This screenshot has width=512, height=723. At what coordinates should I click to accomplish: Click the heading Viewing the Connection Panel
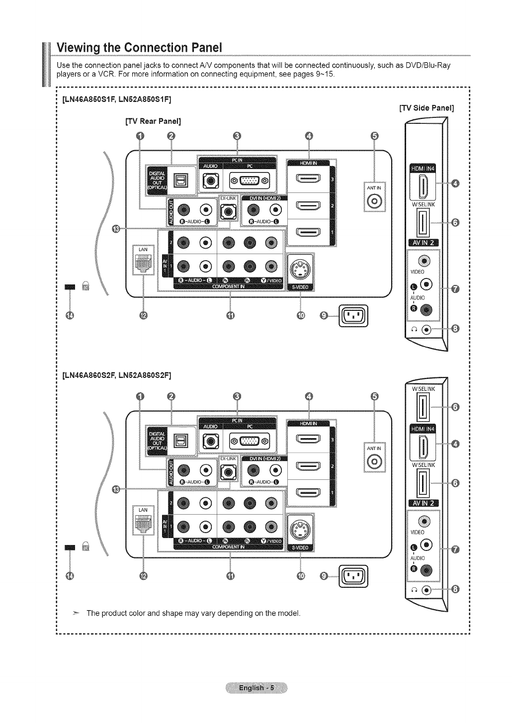coord(139,48)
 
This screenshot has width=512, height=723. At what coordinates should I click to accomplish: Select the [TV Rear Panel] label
coord(153,121)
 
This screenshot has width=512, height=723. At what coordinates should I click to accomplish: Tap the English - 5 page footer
coord(256,688)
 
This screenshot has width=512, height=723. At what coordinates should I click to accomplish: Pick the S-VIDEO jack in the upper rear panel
coord(301,269)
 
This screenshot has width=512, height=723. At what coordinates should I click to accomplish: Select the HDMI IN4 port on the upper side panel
coord(422,187)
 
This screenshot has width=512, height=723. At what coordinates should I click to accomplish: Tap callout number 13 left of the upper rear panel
coord(116,228)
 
